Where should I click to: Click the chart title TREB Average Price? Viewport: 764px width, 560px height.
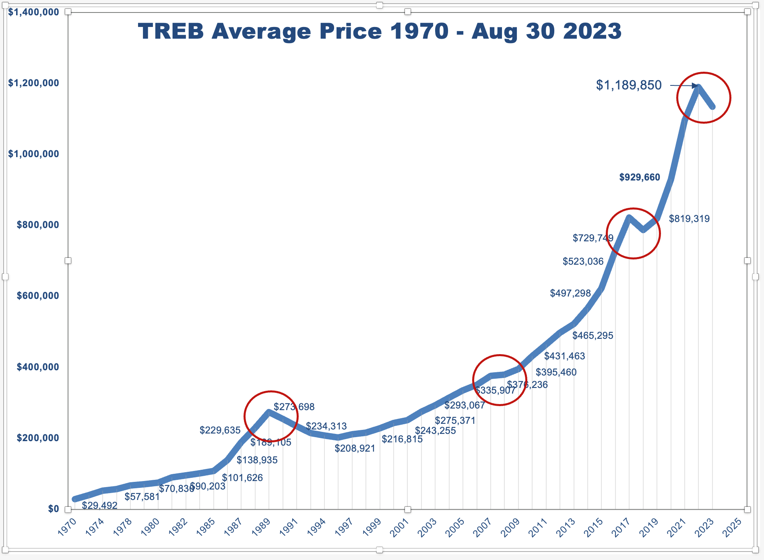click(380, 31)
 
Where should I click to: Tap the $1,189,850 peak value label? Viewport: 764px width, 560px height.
click(629, 85)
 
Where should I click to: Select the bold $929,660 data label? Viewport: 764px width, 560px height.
click(639, 177)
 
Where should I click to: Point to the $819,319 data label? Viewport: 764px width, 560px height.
click(689, 219)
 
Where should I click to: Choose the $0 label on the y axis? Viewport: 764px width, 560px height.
click(54, 509)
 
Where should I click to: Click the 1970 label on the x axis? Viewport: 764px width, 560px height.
click(67, 527)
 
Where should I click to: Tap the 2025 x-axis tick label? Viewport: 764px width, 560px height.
click(732, 527)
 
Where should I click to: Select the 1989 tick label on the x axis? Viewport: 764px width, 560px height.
click(261, 527)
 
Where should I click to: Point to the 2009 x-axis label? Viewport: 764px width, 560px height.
click(510, 527)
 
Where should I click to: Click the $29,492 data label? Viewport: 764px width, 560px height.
click(99, 505)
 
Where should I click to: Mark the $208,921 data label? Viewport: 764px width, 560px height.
click(355, 448)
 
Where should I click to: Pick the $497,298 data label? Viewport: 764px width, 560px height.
click(570, 293)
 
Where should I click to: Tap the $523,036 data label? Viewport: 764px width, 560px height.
click(583, 261)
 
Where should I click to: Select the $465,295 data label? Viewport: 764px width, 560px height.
click(593, 336)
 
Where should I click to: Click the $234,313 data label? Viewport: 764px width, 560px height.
click(326, 426)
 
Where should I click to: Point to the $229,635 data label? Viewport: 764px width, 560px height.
click(220, 430)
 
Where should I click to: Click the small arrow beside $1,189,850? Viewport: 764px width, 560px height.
click(683, 85)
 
